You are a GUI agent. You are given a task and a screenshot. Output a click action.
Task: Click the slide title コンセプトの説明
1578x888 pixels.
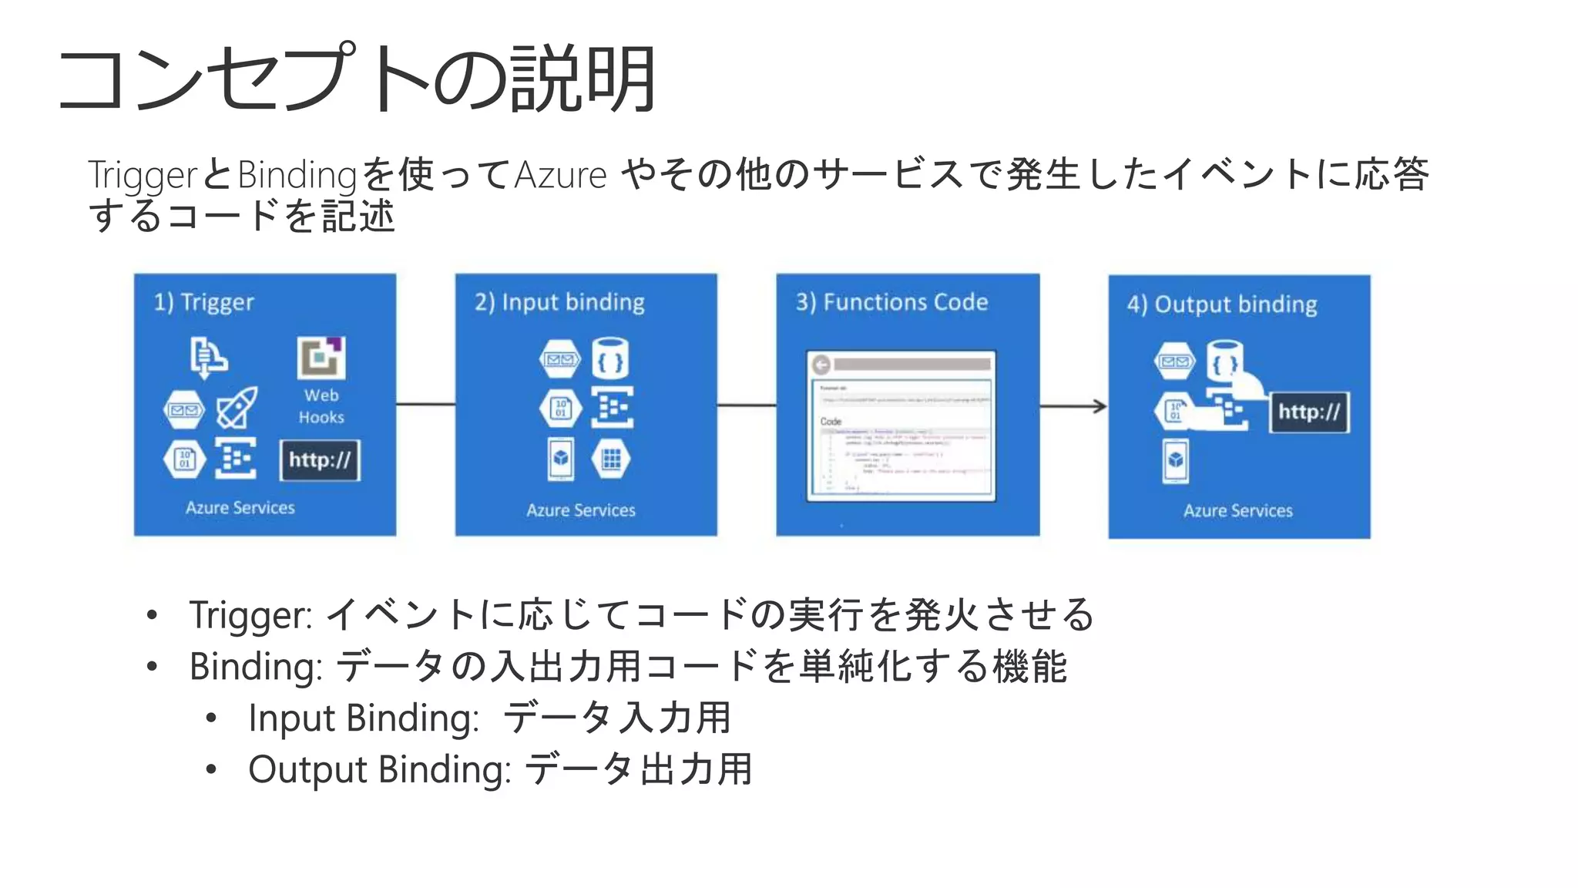tap(357, 79)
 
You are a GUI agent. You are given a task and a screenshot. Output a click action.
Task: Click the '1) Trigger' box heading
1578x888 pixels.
tap(203, 302)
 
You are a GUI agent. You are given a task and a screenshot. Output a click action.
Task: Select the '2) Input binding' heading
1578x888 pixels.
tap(559, 302)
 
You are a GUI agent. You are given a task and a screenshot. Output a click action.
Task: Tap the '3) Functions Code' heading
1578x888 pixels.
tap(891, 302)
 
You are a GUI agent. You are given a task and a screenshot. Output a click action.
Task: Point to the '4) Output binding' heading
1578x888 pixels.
tap(1222, 304)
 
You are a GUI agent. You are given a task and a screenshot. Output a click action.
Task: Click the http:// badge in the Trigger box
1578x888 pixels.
tap(320, 460)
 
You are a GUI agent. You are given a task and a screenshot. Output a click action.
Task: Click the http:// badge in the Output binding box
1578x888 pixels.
tap(1309, 412)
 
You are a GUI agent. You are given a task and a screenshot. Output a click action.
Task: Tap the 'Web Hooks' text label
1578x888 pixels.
tap(321, 406)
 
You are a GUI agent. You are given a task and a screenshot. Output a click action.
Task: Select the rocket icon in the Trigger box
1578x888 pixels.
tap(237, 408)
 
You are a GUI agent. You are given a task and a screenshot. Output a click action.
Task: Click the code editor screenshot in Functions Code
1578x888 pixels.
tap(901, 426)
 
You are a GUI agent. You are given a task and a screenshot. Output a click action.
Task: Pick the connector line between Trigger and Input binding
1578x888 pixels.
tap(425, 405)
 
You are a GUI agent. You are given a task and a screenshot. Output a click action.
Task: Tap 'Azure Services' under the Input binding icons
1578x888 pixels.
tap(581, 510)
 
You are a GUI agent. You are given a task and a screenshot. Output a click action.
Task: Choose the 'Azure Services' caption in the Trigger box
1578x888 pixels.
tap(240, 508)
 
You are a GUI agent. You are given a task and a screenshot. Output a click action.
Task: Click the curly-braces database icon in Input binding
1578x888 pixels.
tap(610, 359)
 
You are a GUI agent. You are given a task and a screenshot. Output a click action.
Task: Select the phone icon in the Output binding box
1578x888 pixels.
tap(1175, 461)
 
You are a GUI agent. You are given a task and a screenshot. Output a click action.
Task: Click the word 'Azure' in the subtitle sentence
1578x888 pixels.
tap(560, 175)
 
